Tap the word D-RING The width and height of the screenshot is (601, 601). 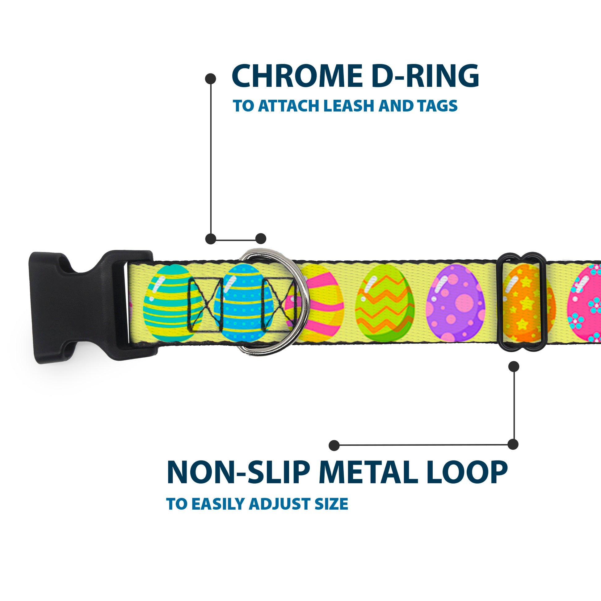click(425, 76)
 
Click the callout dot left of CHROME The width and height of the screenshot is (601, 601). click(211, 78)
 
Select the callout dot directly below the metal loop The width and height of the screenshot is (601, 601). click(514, 366)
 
